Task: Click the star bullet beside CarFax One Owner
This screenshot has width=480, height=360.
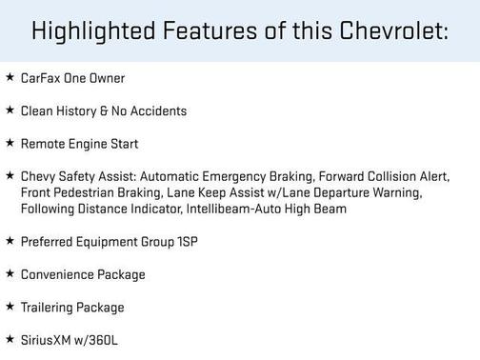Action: (x=10, y=77)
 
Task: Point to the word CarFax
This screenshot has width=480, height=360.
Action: (x=40, y=78)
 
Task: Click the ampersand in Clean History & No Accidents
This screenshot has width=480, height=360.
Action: (x=105, y=111)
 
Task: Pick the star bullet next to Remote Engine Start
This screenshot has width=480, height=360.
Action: (x=10, y=143)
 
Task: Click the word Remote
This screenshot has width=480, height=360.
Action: (x=42, y=144)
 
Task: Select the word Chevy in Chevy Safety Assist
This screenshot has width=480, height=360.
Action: (x=37, y=177)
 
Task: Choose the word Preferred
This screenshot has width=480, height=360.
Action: (x=46, y=242)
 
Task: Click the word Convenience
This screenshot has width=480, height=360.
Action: (x=57, y=274)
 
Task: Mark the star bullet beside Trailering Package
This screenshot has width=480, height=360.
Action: (x=10, y=307)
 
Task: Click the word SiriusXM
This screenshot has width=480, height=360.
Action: (x=46, y=340)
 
